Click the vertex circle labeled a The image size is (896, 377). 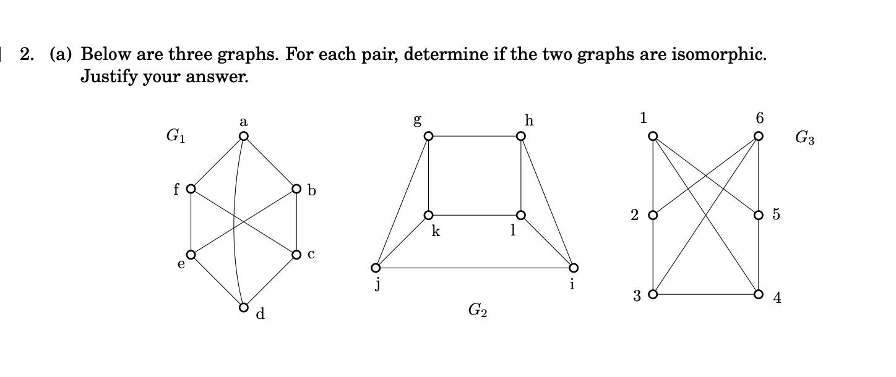coord(244,136)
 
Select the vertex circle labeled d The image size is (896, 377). coord(244,307)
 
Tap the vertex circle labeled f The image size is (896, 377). coord(191,188)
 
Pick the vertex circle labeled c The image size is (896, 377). coord(296,255)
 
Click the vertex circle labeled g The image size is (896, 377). coord(429,136)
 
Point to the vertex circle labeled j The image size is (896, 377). coord(376,268)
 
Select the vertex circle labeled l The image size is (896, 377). coord(521,215)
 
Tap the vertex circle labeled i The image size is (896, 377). coord(574,268)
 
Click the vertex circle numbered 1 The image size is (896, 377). coord(653,136)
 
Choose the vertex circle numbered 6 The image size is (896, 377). coord(759,136)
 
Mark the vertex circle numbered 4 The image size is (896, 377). coord(759,294)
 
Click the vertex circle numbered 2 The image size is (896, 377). coord(653,215)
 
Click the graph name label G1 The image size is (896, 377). coord(175,136)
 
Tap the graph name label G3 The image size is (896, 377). coord(804,138)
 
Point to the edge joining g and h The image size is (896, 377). coord(475,136)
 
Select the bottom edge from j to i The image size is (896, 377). coord(475,268)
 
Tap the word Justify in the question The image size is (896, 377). coord(109,77)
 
